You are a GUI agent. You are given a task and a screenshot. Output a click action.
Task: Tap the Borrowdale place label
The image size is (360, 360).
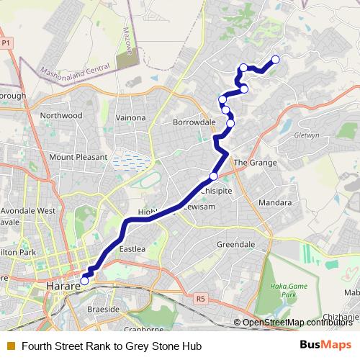194,122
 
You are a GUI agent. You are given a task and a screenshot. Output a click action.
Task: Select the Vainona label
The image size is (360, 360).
130,117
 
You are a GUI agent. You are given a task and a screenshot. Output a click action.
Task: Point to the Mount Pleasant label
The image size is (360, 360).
78,156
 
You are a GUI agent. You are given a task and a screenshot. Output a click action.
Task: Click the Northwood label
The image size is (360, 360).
61,115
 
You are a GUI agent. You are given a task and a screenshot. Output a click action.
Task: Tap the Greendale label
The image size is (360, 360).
235,245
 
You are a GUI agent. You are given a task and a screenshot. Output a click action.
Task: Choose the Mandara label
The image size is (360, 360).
274,203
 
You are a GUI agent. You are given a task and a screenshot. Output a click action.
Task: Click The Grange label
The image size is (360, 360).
255,163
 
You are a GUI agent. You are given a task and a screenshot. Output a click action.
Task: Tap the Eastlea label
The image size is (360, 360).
132,248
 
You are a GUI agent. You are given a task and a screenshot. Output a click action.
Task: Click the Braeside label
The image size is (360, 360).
104,308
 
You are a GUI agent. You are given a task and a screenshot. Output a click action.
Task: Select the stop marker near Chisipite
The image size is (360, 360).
213,176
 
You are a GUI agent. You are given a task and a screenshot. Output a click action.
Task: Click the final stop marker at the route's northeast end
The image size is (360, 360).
275,60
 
